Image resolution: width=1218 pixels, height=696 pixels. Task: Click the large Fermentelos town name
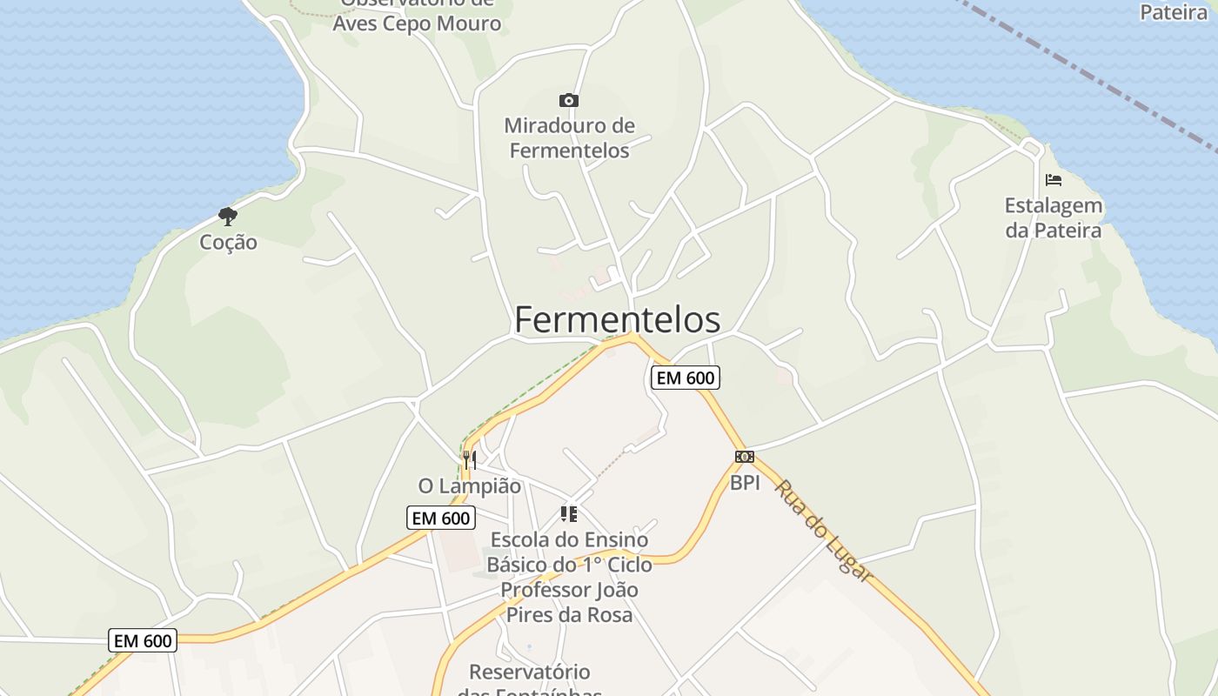(617, 320)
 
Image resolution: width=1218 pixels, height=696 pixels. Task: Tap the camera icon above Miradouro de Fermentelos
(569, 101)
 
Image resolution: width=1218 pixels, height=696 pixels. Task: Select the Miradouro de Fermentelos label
(569, 138)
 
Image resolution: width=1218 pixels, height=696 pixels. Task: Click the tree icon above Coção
(228, 216)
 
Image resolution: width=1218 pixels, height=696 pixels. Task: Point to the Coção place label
(228, 242)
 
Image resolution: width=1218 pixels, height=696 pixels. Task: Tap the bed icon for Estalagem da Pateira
(1054, 180)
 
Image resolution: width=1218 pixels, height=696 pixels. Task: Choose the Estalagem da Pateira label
(1054, 218)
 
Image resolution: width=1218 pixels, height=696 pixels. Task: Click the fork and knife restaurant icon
(469, 459)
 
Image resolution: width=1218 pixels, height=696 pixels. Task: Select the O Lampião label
(469, 486)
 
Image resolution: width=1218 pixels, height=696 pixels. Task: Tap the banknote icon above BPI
(744, 457)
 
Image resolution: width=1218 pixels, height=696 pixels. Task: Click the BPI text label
(745, 483)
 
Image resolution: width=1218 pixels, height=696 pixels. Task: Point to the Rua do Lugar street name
(823, 531)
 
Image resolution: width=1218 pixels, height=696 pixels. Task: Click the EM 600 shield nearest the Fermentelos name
(686, 378)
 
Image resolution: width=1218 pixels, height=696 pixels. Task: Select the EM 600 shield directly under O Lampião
(441, 519)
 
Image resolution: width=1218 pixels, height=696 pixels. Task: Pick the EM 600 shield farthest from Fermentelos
(144, 641)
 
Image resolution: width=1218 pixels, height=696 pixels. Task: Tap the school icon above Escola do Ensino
(569, 514)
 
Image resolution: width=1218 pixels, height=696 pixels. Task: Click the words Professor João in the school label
(569, 590)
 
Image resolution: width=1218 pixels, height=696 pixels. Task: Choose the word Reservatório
(529, 672)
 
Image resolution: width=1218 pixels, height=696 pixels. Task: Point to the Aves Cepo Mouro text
(417, 23)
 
